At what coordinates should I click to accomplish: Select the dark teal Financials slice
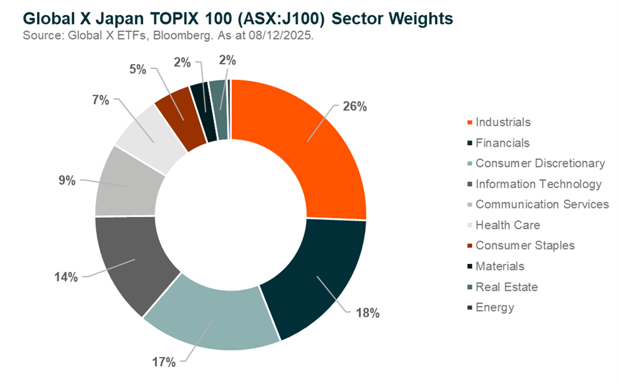pyautogui.click(x=317, y=277)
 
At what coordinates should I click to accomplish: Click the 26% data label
pyautogui.click(x=354, y=106)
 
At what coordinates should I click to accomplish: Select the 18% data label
pyautogui.click(x=367, y=313)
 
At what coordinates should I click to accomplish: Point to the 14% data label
pyautogui.click(x=66, y=277)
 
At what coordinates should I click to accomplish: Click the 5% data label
pyautogui.click(x=140, y=68)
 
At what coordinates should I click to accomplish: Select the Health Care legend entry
pyautogui.click(x=507, y=225)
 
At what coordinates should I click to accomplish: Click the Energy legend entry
pyautogui.click(x=494, y=307)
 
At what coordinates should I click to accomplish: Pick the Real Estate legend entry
pyautogui.click(x=506, y=287)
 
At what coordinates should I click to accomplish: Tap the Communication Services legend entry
pyautogui.click(x=541, y=204)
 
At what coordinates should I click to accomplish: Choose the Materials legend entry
pyautogui.click(x=500, y=266)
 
